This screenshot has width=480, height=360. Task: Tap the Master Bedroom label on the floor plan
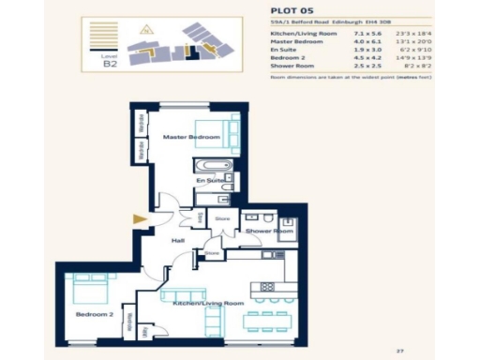tap(191, 138)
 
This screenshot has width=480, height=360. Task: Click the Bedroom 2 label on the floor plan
tap(94, 315)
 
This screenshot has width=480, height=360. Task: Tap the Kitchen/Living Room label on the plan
tap(208, 304)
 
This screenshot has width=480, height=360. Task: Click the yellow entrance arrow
tap(141, 219)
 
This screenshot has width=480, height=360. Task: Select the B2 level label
tap(110, 66)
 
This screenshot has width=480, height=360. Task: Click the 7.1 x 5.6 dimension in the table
tap(352, 34)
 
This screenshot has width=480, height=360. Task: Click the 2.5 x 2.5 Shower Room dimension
tap(352, 67)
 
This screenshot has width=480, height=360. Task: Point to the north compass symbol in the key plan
tap(145, 29)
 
